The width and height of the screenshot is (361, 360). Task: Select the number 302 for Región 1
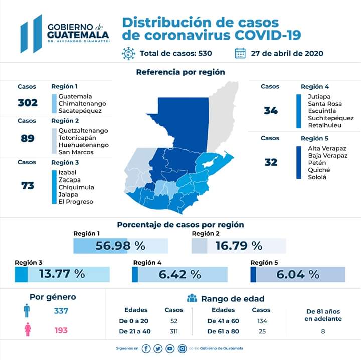pos(27,103)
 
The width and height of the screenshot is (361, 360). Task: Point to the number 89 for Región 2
pos(27,138)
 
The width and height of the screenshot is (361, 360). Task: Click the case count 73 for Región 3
pos(27,186)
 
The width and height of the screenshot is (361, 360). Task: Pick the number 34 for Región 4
pos(271,111)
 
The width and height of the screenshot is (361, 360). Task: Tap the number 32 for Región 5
pos(271,162)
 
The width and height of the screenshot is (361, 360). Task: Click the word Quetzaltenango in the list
pos(83,131)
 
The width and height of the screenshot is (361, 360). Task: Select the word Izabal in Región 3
pos(68,172)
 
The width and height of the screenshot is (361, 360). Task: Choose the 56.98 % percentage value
pos(120,246)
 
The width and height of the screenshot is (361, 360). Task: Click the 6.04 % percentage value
pos(299,274)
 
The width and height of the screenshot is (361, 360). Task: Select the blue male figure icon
pos(27,311)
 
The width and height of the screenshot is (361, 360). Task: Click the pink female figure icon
pos(27,331)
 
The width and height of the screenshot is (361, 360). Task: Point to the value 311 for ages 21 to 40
pos(174,331)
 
